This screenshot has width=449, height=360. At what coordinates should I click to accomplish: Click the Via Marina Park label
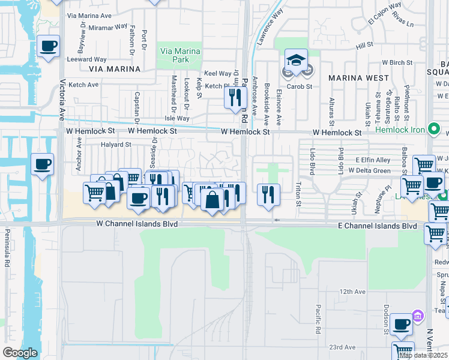pos(179,56)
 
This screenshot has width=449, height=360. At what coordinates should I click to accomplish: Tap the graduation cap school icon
pos(296,61)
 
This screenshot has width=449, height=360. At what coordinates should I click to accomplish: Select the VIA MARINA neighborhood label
pos(114,69)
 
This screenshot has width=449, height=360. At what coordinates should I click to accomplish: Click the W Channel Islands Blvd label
pos(139,223)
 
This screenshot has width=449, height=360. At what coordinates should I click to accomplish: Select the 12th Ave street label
pos(352,292)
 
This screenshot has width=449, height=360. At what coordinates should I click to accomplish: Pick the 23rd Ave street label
pos(343,347)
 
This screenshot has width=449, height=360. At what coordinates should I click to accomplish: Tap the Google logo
pos(20,352)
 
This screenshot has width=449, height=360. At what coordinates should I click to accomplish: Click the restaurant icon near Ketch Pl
pos(235,97)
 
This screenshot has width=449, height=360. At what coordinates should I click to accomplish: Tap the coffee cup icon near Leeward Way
pos(48,45)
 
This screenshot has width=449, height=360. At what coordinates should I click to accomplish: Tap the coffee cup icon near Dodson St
pos(401,325)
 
